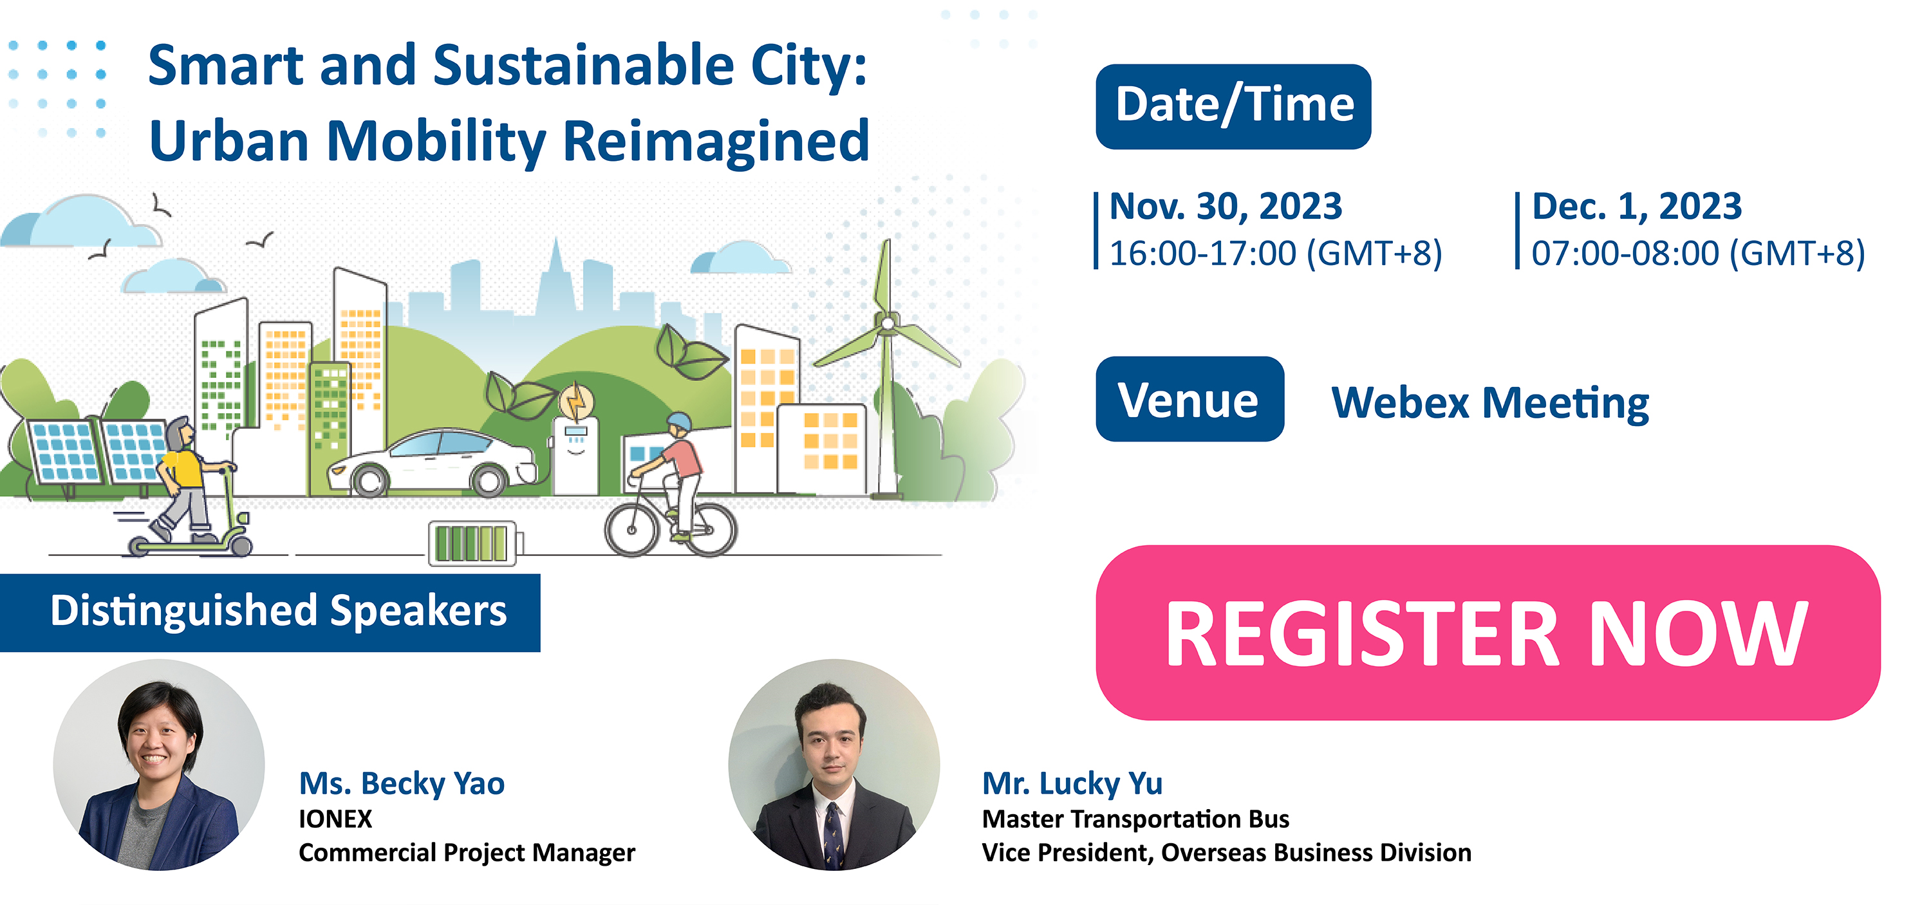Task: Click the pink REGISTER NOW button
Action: pyautogui.click(x=1488, y=632)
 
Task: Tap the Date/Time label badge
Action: pyautogui.click(x=1233, y=106)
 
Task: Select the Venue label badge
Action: pyautogui.click(x=1189, y=399)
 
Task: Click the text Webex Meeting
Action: pyautogui.click(x=1490, y=404)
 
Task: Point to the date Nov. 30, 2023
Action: pyautogui.click(x=1226, y=206)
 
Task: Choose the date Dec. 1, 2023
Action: pyautogui.click(x=1636, y=206)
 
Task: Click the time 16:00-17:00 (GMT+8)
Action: pyautogui.click(x=1276, y=254)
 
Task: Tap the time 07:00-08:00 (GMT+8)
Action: pyautogui.click(x=1698, y=254)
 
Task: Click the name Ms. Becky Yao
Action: pyautogui.click(x=402, y=783)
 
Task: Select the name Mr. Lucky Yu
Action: pyautogui.click(x=1072, y=783)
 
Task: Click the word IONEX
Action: pyautogui.click(x=335, y=819)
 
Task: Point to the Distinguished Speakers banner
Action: pyautogui.click(x=270, y=613)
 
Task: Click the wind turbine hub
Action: pyautogui.click(x=888, y=323)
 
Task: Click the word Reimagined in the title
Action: pyautogui.click(x=716, y=142)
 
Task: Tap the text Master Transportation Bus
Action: pyautogui.click(x=1135, y=819)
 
